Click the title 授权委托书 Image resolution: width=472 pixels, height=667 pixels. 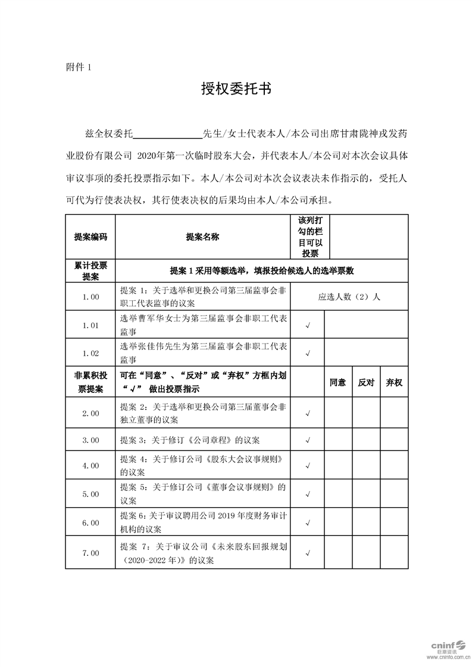[236, 89]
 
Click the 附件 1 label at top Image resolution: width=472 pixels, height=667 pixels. [78, 67]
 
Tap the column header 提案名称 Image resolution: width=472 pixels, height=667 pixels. [202, 237]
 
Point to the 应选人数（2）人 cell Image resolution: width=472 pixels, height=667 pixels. [349, 297]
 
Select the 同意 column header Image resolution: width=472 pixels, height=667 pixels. [338, 383]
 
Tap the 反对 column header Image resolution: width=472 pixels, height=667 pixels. [366, 383]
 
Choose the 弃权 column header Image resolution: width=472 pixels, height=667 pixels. [394, 383]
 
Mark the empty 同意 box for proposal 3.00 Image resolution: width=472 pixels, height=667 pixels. [338, 441]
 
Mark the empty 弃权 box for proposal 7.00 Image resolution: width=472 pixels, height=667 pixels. [394, 553]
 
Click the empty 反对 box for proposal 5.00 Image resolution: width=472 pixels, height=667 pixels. [366, 494]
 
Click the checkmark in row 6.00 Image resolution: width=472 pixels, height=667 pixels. [308, 523]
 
